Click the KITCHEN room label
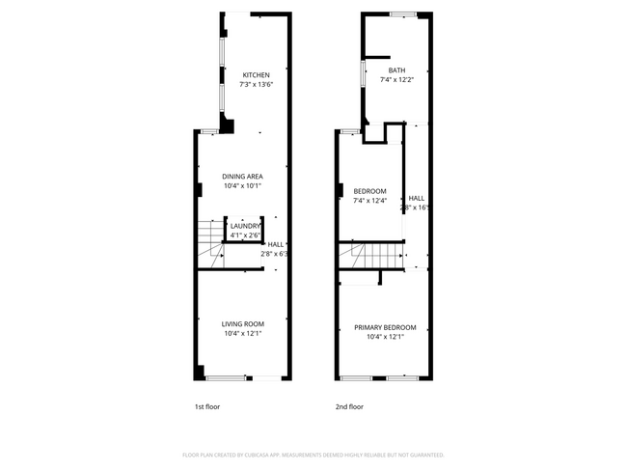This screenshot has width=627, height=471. pos(256,75)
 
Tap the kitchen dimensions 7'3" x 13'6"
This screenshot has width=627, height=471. pos(256,85)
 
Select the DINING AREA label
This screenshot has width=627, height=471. pos(242,177)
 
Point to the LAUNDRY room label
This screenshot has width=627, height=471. pos(245,226)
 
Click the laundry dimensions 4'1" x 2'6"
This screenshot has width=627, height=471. pos(245,235)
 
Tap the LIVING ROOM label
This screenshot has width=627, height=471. pos(242,323)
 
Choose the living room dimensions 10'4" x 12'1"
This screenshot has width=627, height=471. pos(242,333)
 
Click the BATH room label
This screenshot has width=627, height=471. pos(396,70)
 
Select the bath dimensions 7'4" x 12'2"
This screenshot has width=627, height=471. pos(396,80)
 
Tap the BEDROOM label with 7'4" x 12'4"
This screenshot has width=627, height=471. pos(369,191)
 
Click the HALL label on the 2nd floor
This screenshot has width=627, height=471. pos(416,198)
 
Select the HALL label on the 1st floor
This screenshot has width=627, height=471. pos(275,244)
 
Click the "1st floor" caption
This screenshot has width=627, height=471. pos(206,406)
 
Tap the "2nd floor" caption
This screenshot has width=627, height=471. pos(349,406)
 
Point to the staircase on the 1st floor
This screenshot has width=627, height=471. pos(209,243)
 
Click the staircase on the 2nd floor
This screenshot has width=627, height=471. pos(370,257)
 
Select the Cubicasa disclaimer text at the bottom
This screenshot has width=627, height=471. pos(313,454)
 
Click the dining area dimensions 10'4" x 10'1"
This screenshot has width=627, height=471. pos(242,186)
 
